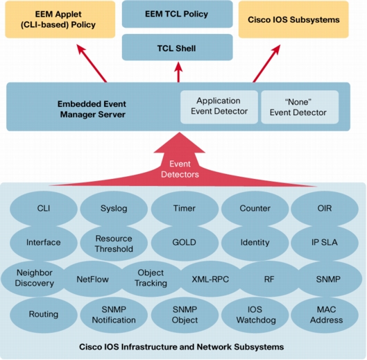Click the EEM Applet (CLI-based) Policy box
coord(60,19)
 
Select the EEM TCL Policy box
coord(177,14)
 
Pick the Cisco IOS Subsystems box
coord(293,19)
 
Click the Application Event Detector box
coord(219,107)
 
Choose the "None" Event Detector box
coord(300,107)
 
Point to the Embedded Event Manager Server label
coord(92,109)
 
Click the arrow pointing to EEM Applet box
coord(92,63)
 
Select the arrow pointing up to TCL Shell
coord(178,72)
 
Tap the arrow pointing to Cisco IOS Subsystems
coord(266,63)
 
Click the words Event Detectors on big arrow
coord(180,169)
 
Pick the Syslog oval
coord(114,209)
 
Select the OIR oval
coord(325,209)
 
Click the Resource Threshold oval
coord(114,243)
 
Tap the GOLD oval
coord(185,243)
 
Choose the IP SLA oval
coord(325,243)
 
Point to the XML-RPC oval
coord(210,279)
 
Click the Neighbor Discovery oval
coord(34,278)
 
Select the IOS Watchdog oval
coord(255,315)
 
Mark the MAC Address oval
coord(325,315)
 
